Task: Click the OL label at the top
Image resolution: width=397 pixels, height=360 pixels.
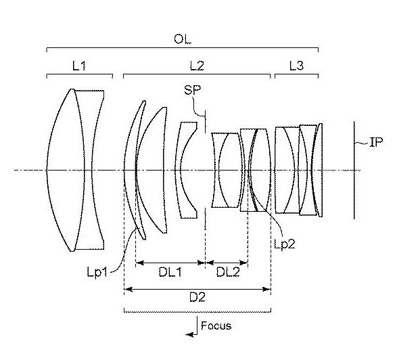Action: pyautogui.click(x=183, y=39)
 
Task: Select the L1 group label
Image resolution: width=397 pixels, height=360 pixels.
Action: pyautogui.click(x=79, y=66)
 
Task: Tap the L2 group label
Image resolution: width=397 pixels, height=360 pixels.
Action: pyautogui.click(x=197, y=66)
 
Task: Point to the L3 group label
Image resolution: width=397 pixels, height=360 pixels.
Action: pyautogui.click(x=296, y=66)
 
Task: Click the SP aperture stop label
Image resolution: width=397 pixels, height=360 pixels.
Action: pyautogui.click(x=193, y=90)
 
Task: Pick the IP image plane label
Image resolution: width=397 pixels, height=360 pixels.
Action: pyautogui.click(x=377, y=142)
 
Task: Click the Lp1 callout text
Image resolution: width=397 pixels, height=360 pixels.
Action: pyautogui.click(x=97, y=273)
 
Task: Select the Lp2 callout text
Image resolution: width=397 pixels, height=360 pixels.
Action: pyautogui.click(x=285, y=244)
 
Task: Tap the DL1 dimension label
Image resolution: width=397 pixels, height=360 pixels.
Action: pyautogui.click(x=170, y=272)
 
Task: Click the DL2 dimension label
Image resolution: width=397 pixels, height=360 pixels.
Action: pyautogui.click(x=228, y=272)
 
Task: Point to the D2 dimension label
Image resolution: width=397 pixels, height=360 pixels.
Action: pyautogui.click(x=197, y=297)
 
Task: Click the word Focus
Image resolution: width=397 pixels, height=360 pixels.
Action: pyautogui.click(x=216, y=325)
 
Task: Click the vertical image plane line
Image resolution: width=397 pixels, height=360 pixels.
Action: pyautogui.click(x=354, y=170)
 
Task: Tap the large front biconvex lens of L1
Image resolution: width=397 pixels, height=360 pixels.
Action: pyautogui.click(x=66, y=170)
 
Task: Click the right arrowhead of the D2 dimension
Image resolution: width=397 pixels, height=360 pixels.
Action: pyautogui.click(x=267, y=289)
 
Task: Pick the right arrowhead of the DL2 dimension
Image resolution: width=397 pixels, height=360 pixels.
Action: pyautogui.click(x=243, y=263)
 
